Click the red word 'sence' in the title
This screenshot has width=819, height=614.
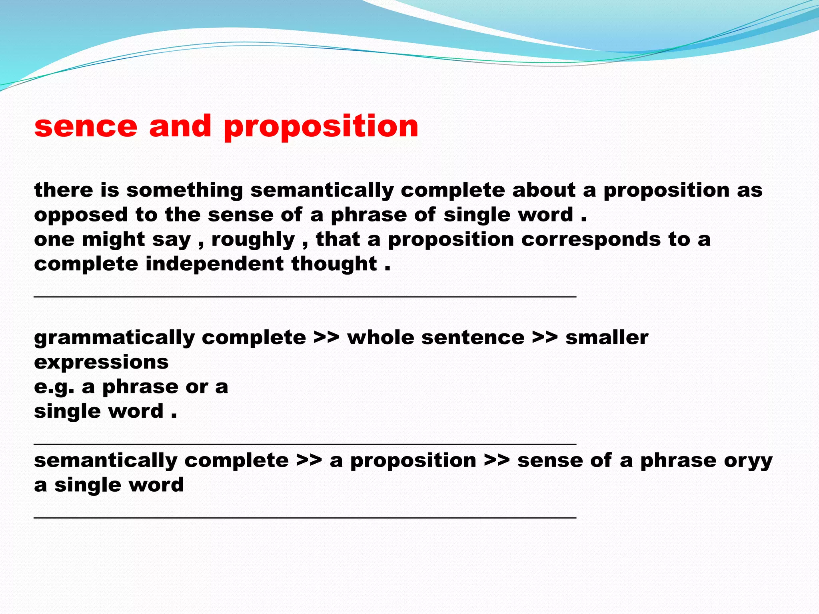(x=86, y=127)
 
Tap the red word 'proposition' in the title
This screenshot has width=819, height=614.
(x=321, y=127)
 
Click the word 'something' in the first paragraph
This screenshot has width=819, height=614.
(x=185, y=190)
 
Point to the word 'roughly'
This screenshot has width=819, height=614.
(x=253, y=240)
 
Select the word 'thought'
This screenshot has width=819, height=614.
(x=334, y=264)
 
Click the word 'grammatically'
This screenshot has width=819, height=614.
(x=114, y=338)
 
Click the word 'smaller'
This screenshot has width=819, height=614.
(x=607, y=338)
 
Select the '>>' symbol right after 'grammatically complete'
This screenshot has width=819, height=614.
(x=326, y=338)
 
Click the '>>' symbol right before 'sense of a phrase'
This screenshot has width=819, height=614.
(x=497, y=461)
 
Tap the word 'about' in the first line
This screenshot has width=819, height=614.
(x=543, y=190)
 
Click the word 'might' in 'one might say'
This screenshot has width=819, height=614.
(x=113, y=240)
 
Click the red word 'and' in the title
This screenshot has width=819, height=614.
(x=180, y=127)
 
